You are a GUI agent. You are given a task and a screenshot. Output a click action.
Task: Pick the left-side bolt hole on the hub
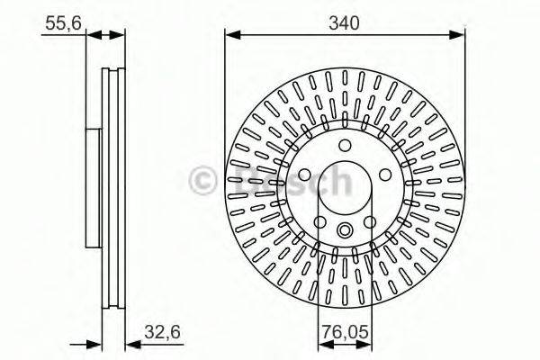point(306,175)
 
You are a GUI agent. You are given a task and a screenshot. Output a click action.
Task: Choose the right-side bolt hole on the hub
point(383,175)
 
